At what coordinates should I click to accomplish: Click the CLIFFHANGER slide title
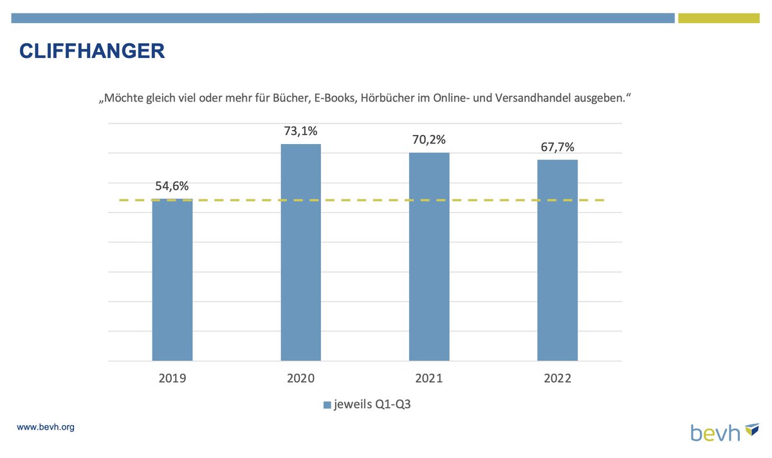(92, 51)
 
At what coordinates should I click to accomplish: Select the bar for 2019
(172, 280)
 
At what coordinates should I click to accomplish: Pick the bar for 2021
(429, 257)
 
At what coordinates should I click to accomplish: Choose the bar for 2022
(557, 260)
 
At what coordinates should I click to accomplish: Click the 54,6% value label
(172, 187)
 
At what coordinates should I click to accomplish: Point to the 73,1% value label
(300, 131)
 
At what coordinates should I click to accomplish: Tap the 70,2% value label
(429, 140)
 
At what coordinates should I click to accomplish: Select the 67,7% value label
(557, 147)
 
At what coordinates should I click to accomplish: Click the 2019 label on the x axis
(172, 379)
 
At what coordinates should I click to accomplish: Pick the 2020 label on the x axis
(300, 379)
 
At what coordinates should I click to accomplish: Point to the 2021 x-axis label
(429, 379)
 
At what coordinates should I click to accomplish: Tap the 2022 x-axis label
(557, 379)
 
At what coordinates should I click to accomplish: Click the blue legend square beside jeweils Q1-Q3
(327, 405)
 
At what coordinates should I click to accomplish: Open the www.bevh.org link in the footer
(45, 427)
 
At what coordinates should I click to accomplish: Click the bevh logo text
(715, 432)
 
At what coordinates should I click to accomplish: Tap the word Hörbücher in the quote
(389, 99)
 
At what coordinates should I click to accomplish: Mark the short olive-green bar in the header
(719, 18)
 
